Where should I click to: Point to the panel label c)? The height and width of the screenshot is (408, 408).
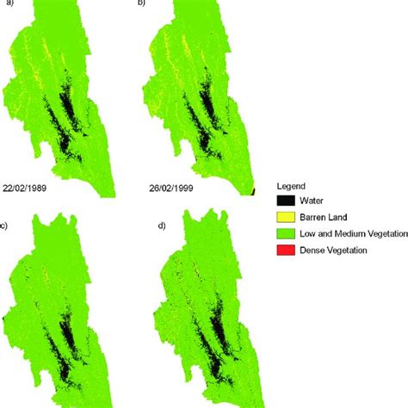point(5,226)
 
